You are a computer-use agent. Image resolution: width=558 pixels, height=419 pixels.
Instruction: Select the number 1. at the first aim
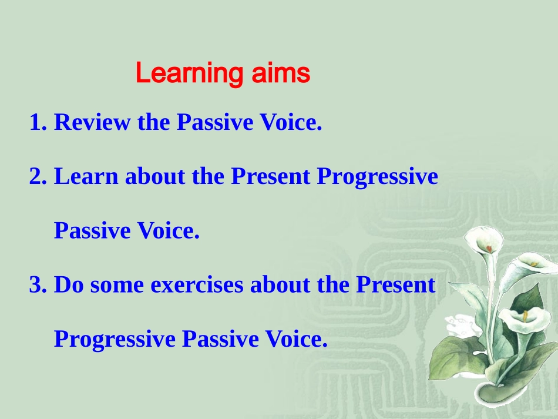(x=38, y=122)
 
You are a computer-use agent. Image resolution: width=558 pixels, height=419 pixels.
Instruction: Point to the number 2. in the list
(x=38, y=176)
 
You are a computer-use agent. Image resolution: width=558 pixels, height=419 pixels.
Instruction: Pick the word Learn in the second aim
(x=86, y=176)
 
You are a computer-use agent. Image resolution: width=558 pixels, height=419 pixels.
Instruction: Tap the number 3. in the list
(x=38, y=285)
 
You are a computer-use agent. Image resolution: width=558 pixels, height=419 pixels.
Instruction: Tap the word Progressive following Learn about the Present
(x=378, y=176)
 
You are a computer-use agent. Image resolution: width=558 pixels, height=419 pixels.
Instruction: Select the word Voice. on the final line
(x=296, y=339)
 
